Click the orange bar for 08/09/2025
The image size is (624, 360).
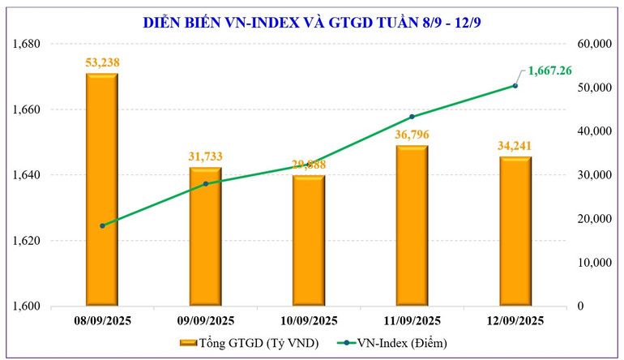tap(102, 190)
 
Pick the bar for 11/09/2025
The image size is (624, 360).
tap(412, 226)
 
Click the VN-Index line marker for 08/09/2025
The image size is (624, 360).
tap(102, 225)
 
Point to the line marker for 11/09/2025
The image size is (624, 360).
tap(412, 117)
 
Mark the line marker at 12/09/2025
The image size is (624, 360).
tap(515, 86)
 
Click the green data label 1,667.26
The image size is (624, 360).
tap(549, 71)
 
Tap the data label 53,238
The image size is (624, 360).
tap(102, 62)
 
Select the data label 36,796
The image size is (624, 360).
tap(412, 135)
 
